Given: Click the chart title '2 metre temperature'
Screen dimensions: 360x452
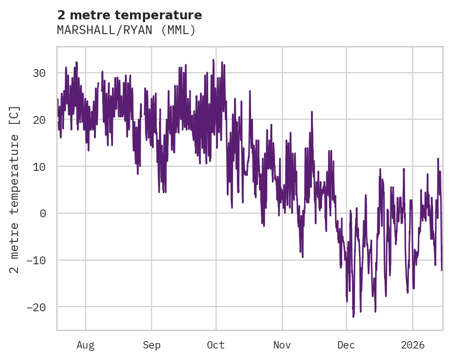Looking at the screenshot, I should [x=129, y=15].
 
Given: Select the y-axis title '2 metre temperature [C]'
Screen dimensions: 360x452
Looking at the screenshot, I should [x=15, y=190].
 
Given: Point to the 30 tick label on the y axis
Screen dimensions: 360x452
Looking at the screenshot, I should [x=39, y=73].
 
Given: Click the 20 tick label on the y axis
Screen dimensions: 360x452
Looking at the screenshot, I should [x=39, y=120].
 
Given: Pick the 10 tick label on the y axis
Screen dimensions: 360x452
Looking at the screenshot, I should [x=39, y=166].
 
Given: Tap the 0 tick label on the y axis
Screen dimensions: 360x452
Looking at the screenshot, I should [x=43, y=213].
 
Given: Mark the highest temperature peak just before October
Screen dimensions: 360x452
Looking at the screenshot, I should [x=213, y=60].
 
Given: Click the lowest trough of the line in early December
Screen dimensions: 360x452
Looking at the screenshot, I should [x=353, y=317].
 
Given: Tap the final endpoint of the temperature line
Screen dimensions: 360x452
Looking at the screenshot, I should [x=442, y=270].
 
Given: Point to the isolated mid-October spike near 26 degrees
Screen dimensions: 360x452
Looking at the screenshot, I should [x=250, y=91].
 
